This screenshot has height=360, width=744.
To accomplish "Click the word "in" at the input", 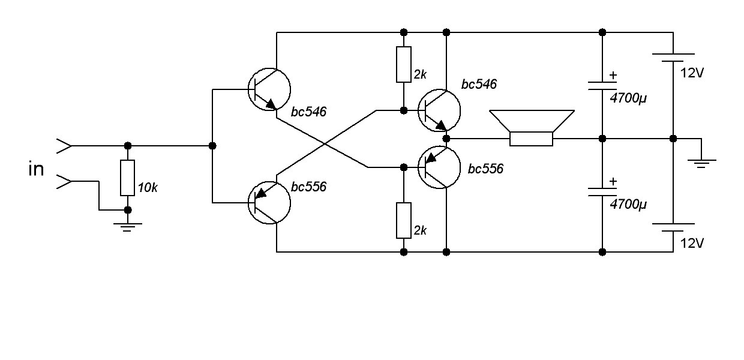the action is [36, 169].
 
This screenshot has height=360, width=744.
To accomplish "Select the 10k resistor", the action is [128, 178].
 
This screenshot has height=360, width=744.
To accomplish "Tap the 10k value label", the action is [148, 188].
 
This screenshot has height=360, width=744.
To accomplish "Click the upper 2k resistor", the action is [404, 64].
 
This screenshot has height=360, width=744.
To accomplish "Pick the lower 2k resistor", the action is [404, 221].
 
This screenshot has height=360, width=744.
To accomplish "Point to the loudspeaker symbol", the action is [532, 128].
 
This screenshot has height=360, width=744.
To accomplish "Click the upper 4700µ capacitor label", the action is [628, 98].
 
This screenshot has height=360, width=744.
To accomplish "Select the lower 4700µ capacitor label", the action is [628, 204].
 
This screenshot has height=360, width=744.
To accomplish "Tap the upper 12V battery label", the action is [692, 73].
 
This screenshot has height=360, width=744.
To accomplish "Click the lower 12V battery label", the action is [692, 244].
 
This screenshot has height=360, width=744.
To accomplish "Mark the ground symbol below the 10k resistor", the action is [128, 227].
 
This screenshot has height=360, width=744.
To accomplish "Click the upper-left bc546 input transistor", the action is [269, 89].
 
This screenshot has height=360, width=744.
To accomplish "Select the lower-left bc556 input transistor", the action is [269, 203].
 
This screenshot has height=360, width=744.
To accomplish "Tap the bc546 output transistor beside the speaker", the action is [439, 110].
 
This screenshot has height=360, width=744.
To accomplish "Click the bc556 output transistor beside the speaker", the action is [439, 167].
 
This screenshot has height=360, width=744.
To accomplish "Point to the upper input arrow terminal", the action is [64, 146].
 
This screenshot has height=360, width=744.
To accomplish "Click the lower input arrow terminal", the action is [64, 181].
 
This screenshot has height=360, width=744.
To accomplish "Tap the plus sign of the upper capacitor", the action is [613, 76].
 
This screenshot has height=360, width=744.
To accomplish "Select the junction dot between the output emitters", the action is [446, 139].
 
